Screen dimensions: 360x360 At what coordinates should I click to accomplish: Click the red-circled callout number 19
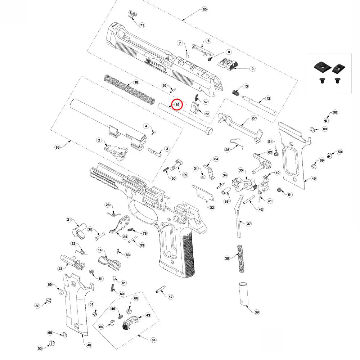click(x=177, y=104)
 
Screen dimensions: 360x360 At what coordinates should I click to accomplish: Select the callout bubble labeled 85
click(x=205, y=9)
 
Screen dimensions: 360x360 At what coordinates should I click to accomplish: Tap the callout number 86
click(x=57, y=147)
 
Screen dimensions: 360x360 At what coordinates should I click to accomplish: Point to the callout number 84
click(x=154, y=340)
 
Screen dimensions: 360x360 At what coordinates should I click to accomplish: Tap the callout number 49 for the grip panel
click(x=314, y=179)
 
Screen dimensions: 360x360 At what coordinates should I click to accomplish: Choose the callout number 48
click(x=89, y=345)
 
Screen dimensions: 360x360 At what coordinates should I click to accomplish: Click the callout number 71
click(x=142, y=25)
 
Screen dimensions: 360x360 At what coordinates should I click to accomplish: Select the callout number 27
click(x=253, y=118)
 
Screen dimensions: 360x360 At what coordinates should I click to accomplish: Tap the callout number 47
click(x=171, y=297)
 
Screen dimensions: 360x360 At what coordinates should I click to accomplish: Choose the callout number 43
click(x=148, y=315)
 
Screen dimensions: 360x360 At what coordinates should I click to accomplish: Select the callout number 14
click(x=100, y=250)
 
